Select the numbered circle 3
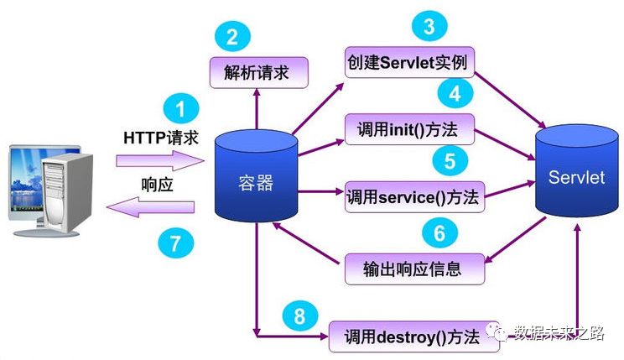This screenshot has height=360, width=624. (429, 27)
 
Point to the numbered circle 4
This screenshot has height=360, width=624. (454, 93)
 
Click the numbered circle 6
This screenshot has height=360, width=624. (445, 231)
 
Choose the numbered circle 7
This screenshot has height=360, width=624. (175, 243)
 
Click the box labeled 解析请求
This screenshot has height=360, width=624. (257, 72)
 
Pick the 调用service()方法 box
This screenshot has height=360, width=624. (412, 198)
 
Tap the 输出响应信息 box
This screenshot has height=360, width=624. (414, 268)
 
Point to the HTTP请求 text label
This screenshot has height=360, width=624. (162, 136)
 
